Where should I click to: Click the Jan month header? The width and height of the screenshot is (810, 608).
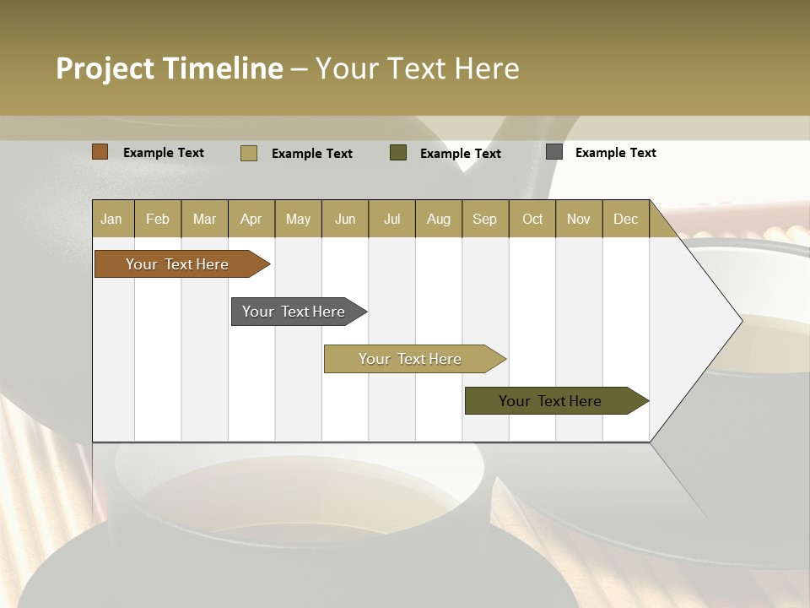point(111,219)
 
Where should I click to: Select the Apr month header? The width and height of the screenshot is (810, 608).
point(251,219)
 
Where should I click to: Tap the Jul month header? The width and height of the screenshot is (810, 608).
point(391,219)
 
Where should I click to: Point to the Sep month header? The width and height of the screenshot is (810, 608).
point(484,219)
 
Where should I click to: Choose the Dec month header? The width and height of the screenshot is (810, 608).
point(625,219)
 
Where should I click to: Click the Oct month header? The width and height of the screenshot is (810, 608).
point(532,219)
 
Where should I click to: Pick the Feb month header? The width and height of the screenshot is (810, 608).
point(158,219)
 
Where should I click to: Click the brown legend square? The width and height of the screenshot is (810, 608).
point(100,152)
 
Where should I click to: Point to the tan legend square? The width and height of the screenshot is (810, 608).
point(249,153)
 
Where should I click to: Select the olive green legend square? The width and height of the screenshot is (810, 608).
point(398,153)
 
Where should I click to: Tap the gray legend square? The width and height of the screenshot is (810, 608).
point(554,152)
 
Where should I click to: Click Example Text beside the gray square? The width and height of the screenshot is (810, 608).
point(615,153)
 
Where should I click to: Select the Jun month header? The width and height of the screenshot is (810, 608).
point(345,219)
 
